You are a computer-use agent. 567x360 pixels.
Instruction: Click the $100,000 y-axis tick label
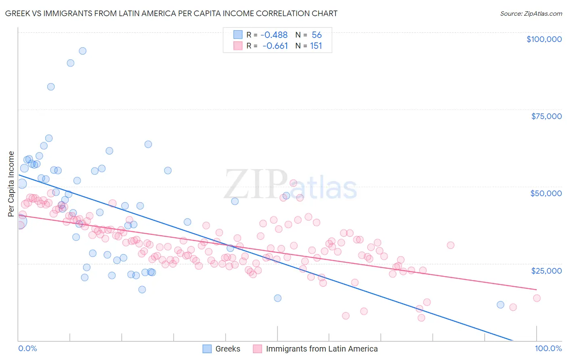(x=544, y=39)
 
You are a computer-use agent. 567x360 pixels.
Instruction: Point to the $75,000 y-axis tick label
(x=546, y=116)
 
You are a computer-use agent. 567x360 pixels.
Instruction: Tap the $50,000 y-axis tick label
(x=546, y=193)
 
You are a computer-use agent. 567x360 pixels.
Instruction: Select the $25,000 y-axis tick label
(x=546, y=270)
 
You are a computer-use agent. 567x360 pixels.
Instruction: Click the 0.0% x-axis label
(x=27, y=348)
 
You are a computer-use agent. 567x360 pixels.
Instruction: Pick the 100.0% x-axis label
(x=548, y=348)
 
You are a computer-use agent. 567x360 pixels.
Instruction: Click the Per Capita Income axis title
(x=11, y=184)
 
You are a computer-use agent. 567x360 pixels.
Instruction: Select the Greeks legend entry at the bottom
(x=227, y=349)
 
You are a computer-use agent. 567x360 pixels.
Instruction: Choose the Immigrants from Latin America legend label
(x=322, y=349)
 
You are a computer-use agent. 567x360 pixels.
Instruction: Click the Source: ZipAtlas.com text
(x=531, y=14)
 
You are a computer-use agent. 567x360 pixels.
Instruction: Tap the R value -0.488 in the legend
(x=275, y=35)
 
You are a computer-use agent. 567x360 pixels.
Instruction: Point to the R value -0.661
(x=275, y=46)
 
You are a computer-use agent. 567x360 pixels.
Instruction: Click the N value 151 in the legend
(x=316, y=46)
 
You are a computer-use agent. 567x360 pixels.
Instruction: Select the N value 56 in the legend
(x=317, y=35)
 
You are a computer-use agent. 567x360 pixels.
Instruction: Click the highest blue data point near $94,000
(x=82, y=51)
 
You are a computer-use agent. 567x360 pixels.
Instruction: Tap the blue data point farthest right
(x=500, y=305)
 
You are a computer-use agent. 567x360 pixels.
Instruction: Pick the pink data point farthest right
(x=537, y=298)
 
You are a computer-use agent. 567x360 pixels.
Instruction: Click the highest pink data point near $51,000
(x=293, y=183)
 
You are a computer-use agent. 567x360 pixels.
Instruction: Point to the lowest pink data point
(x=421, y=318)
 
